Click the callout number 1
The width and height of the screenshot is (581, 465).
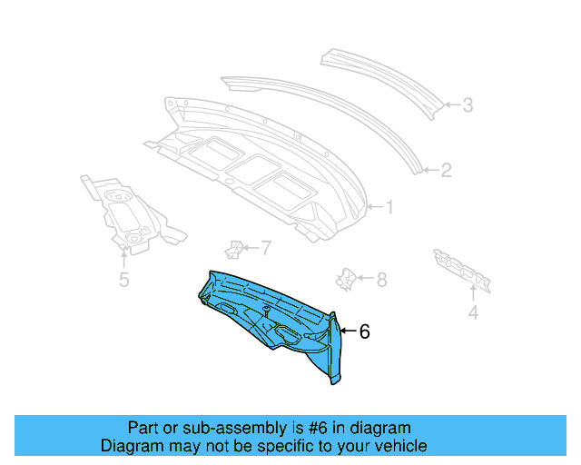(x=389, y=208)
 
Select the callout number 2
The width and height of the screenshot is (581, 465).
(x=446, y=170)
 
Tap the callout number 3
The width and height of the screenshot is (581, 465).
(x=468, y=105)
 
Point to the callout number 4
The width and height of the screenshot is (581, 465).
(x=473, y=314)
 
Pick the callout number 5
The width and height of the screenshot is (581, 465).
(x=124, y=281)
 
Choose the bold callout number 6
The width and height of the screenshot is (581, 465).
(x=365, y=332)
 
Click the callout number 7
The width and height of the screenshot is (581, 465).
(x=266, y=246)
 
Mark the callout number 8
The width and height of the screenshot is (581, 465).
(x=381, y=279)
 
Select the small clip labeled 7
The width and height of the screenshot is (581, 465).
(x=234, y=248)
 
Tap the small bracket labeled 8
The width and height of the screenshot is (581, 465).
(x=346, y=278)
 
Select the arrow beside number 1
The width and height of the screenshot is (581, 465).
(x=375, y=208)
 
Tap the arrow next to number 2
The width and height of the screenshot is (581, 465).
(x=430, y=170)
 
